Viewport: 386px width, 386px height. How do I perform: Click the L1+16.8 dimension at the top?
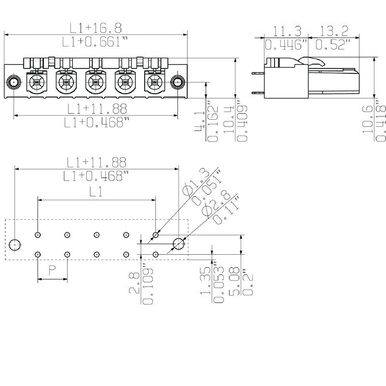[96, 27]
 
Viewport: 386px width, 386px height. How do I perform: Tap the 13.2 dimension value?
[333, 32]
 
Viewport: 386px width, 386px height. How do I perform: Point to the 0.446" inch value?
[287, 45]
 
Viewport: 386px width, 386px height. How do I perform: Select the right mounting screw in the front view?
[178, 82]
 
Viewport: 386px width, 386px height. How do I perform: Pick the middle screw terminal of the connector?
[96, 83]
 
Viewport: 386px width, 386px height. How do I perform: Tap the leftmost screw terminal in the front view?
[37, 83]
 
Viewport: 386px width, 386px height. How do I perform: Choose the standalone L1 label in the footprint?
[96, 192]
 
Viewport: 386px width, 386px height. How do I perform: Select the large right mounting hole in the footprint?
[179, 244]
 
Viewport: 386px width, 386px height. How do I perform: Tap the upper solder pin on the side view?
[257, 72]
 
